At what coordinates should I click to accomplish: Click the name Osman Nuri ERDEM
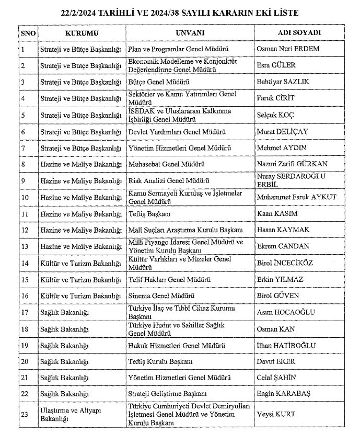point(288,49)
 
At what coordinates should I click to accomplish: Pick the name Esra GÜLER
point(276,65)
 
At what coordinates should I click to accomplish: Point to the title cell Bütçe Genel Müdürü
point(159,82)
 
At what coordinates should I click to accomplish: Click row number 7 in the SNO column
point(23,148)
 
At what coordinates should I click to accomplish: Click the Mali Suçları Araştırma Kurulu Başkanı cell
point(185,230)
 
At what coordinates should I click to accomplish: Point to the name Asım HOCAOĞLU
point(286,312)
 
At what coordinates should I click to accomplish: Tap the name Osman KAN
point(276,329)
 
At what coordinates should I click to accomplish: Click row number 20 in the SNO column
point(25,361)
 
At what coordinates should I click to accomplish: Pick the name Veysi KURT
point(276,414)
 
